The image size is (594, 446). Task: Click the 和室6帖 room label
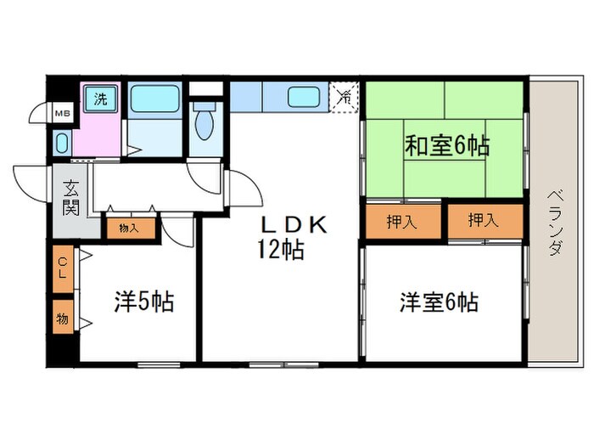coord(446,146)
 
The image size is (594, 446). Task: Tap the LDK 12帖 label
coord(288,238)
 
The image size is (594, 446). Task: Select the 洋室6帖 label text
coord(440,302)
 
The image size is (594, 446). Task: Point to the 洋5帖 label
coord(144,302)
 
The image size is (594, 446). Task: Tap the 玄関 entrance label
coord(70,200)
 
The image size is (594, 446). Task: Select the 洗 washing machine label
coord(101,97)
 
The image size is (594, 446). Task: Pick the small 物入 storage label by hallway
coord(130,228)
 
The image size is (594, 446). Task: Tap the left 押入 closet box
coord(403,223)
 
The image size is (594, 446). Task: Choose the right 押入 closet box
coord(484,222)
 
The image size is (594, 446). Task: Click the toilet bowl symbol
coord(204,124)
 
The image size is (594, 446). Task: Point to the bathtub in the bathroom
coord(155,99)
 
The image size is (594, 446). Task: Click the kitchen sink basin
coord(303,97)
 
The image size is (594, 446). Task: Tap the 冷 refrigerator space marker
coord(345,97)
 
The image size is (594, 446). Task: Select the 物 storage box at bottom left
coord(63,319)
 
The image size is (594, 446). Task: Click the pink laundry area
coord(100,127)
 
